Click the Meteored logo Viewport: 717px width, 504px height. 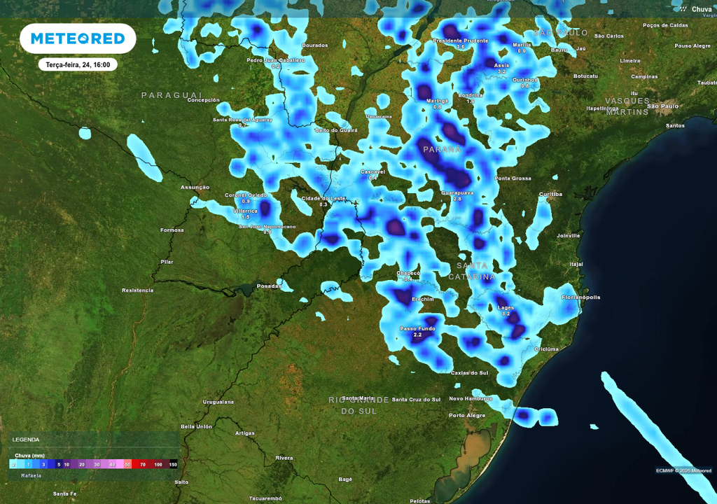(78, 38)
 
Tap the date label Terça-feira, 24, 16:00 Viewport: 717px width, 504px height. (78, 64)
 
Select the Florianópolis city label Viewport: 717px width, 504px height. (580, 297)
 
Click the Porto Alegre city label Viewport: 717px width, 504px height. (466, 415)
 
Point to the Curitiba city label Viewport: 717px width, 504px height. (550, 194)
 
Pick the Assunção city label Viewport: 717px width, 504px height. (195, 188)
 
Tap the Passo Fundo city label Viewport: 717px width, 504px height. (417, 328)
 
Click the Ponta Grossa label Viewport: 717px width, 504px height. (513, 178)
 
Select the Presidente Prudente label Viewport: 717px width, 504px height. (460, 41)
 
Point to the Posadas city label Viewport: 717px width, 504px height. (270, 286)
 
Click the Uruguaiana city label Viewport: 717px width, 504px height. (218, 402)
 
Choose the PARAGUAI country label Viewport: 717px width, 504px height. (172, 94)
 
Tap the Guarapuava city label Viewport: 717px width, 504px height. (457, 192)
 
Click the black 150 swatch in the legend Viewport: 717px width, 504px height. (173, 464)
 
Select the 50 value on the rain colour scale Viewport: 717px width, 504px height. (127, 464)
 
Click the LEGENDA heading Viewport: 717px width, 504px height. (25, 440)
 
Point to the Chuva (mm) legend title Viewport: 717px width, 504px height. (30, 455)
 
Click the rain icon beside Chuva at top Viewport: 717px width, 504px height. (682, 8)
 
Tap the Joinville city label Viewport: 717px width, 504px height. (567, 236)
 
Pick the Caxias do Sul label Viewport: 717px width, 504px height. (469, 372)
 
